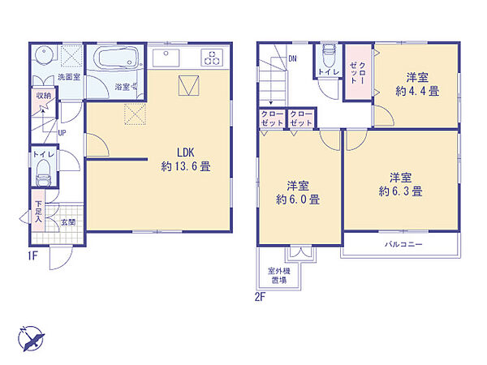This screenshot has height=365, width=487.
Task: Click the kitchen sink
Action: [170, 57]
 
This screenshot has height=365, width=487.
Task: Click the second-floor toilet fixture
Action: [328, 59]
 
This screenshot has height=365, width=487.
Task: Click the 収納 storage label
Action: [42, 95]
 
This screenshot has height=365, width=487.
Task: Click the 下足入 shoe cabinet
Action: [38, 215]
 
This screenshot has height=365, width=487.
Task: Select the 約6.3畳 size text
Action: [398, 191]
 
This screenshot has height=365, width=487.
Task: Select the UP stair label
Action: [62, 133]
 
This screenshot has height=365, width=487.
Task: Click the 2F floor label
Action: [259, 298]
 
